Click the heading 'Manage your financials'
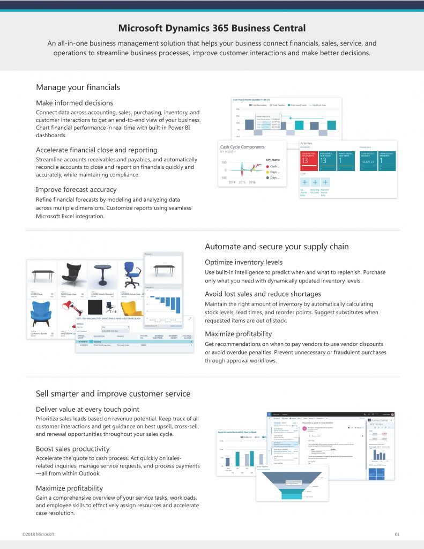(78, 87)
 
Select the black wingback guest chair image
(72, 274)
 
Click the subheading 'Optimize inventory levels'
(243, 262)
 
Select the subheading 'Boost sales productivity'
(72, 449)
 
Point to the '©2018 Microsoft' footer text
(38, 534)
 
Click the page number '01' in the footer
(397, 534)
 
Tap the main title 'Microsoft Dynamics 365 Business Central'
(212, 28)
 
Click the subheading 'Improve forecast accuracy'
(76, 189)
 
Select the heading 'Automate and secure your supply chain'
(277, 247)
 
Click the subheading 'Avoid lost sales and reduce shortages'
(263, 294)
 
